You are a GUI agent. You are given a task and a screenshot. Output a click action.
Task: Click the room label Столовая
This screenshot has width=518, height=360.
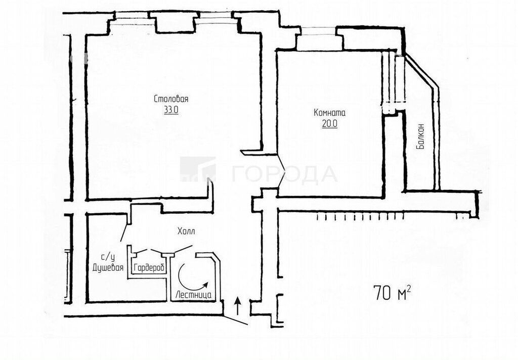coord(171,99)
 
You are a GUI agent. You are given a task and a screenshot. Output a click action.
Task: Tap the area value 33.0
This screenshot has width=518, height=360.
coord(171,110)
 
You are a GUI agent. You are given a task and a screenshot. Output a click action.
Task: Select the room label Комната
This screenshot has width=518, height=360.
coord(329,112)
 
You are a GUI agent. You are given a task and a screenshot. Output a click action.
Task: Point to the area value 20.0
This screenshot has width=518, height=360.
coord(329,124)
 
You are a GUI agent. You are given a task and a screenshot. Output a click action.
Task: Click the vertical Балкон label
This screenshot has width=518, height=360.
coord(420,136)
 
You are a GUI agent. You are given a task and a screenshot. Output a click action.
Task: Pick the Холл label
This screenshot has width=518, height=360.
coord(186,231)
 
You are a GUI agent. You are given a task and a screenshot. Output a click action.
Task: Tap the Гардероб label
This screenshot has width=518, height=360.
coord(149,268)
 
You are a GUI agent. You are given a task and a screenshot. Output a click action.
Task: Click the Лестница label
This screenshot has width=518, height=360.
coord(194,295)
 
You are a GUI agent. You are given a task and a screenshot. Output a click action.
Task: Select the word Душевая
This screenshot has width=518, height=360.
coord(108,267)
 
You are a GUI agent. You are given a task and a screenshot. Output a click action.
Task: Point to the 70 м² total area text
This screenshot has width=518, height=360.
coord(393,292)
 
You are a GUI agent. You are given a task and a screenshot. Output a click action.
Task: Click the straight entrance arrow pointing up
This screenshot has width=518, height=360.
coord(237,306)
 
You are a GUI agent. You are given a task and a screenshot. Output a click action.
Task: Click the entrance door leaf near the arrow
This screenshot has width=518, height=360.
coord(235,319)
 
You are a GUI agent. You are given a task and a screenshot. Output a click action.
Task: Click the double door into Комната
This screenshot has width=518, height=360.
coord(280,174)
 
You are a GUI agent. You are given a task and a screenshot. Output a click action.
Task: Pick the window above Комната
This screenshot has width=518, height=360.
coord(318,31)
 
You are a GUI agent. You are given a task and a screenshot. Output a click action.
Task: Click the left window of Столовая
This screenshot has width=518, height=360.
coord(132,18)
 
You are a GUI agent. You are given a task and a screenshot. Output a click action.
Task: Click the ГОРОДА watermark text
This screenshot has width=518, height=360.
coord(285,174)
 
